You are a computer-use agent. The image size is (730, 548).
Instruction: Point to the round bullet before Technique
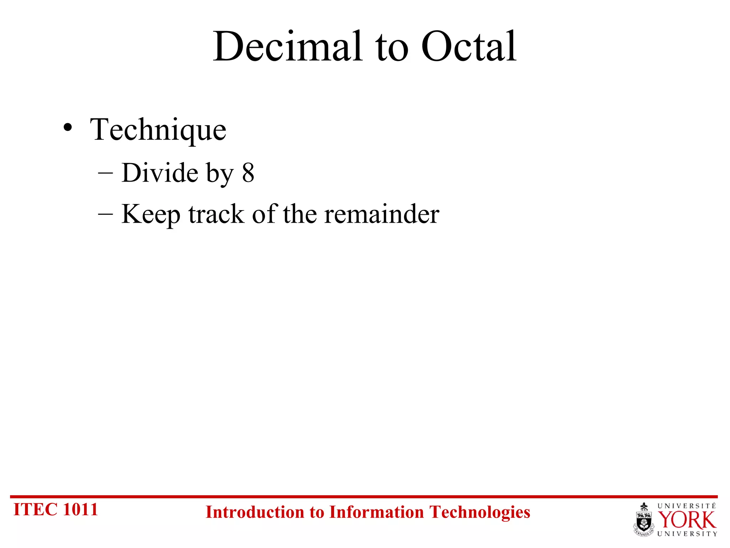click(x=68, y=127)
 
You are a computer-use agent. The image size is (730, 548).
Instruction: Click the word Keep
click(x=151, y=215)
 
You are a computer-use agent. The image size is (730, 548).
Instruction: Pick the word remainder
click(x=382, y=215)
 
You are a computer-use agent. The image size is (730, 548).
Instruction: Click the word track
click(x=216, y=215)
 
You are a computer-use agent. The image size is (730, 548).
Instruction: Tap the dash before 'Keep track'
click(x=106, y=215)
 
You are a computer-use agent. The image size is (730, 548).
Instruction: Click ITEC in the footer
click(x=35, y=509)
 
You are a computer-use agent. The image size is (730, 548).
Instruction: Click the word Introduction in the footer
click(x=255, y=512)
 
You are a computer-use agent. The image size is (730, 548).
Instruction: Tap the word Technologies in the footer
click(x=479, y=512)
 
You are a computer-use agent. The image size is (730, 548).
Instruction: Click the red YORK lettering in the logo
click(x=687, y=521)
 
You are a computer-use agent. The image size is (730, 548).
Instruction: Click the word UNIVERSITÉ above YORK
click(x=687, y=506)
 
